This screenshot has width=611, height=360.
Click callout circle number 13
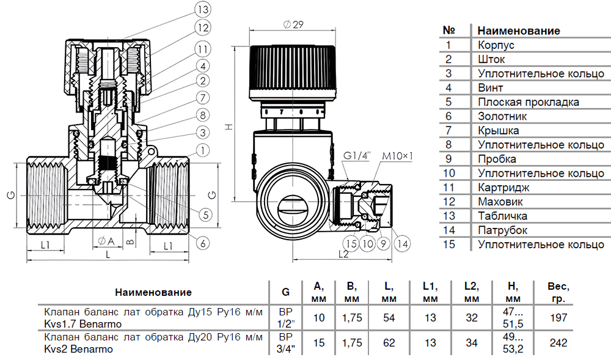[202, 10]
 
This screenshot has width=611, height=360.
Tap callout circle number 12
[202, 28]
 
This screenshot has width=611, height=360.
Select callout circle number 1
[203, 149]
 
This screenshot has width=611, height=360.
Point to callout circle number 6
[203, 243]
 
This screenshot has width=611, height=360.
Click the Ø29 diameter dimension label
[294, 25]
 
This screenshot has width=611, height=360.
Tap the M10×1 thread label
[397, 156]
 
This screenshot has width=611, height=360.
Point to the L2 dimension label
[343, 254]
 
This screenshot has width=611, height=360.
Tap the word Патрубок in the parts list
[502, 230]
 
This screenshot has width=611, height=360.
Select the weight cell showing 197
[558, 318]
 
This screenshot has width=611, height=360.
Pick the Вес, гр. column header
[558, 292]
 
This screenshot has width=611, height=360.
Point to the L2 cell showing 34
[471, 343]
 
